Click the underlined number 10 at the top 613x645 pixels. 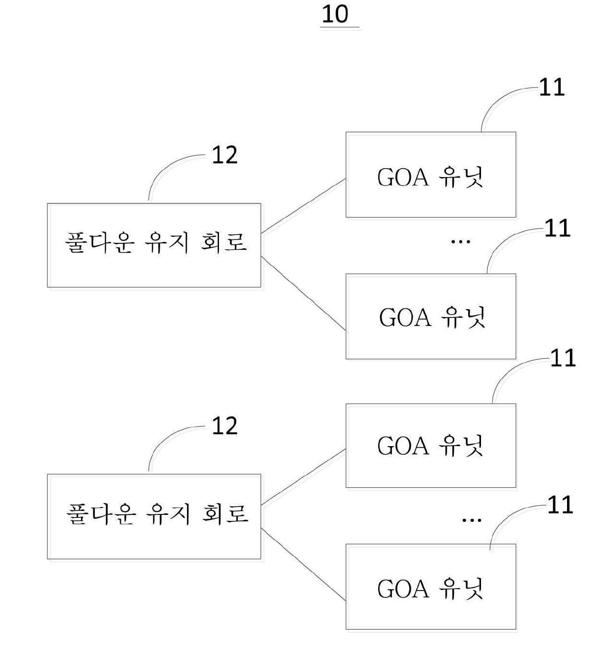[335, 14]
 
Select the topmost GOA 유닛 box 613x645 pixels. [431, 175]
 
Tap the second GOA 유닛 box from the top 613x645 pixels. [431, 316]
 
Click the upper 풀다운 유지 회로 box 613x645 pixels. [154, 245]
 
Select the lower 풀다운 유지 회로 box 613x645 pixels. [154, 516]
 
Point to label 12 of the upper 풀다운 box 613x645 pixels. [224, 155]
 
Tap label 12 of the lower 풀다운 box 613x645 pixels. [224, 426]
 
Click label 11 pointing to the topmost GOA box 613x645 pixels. [552, 87]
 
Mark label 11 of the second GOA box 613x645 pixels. [558, 228]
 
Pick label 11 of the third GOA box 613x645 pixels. [563, 358]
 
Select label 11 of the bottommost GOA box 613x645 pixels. [560, 505]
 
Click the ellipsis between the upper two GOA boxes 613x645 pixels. [460, 242]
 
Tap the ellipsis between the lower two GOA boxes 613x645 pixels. [472, 520]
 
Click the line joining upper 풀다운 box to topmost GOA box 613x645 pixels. [304, 206]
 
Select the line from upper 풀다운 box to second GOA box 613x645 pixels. [304, 293]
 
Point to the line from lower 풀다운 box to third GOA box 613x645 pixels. [304, 477]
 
